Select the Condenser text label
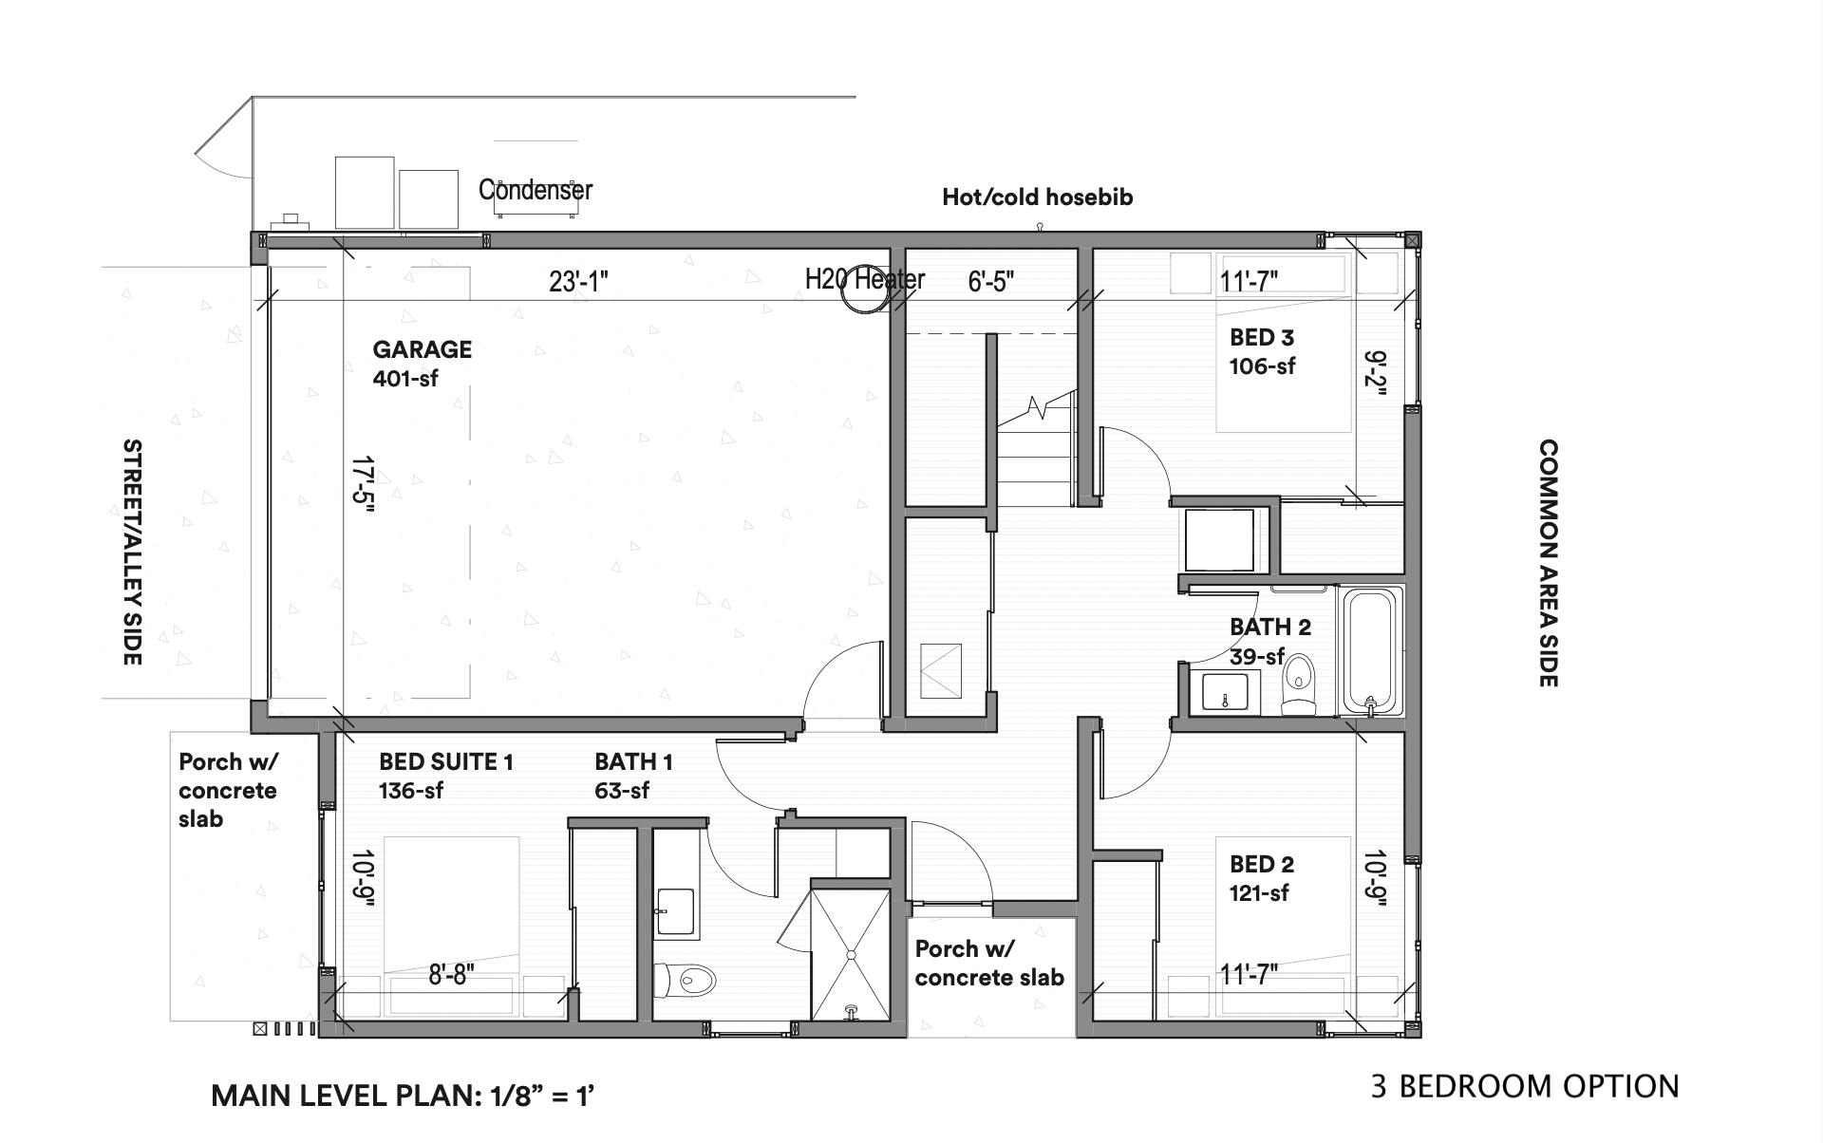(x=536, y=190)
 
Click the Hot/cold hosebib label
(x=1037, y=197)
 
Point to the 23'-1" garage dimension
(x=578, y=281)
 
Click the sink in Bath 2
(x=1230, y=690)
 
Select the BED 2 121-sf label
(x=1261, y=878)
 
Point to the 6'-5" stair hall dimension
(x=991, y=281)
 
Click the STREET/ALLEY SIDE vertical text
(x=133, y=552)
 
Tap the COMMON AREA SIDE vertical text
(x=1548, y=562)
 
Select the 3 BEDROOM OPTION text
(x=1525, y=1086)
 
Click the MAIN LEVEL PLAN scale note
(x=403, y=1096)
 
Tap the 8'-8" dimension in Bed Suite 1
(x=451, y=974)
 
